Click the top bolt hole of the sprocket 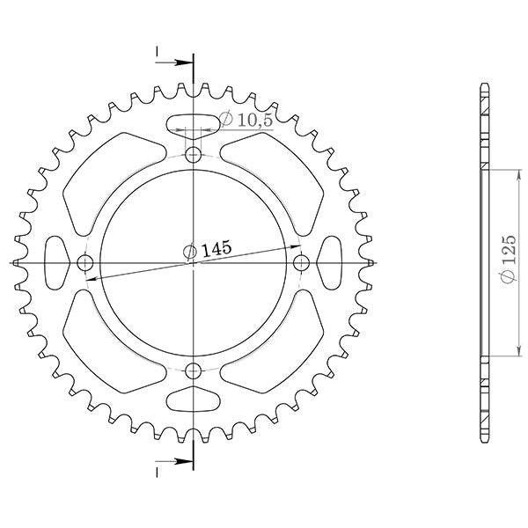194,157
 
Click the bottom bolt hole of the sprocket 194,370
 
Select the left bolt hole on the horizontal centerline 86,263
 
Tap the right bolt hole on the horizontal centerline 301,263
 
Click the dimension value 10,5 254,121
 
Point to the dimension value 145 216,250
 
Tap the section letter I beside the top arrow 158,55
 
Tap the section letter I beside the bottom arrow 158,472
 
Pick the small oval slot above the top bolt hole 194,124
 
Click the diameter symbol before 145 190,253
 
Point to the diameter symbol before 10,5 226,119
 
